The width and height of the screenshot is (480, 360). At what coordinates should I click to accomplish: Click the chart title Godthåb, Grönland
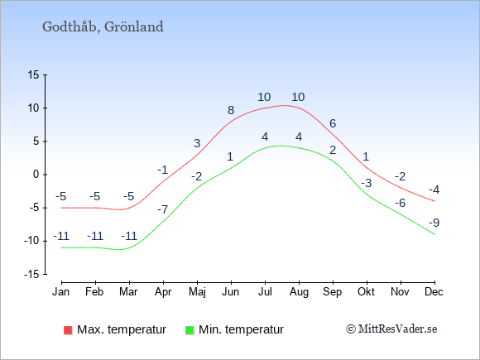click(103, 27)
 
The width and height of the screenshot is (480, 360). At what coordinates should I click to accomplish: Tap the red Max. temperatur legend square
click(68, 330)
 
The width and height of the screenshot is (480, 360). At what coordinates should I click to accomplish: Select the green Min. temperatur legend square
click(190, 330)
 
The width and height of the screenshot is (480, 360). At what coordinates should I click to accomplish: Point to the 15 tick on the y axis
click(34, 74)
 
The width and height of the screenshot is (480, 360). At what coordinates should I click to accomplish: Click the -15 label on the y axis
click(31, 274)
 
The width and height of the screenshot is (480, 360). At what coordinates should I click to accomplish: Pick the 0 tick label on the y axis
click(36, 175)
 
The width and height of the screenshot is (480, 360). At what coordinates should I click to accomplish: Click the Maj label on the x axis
click(197, 292)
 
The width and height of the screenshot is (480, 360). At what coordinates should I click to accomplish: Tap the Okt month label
click(366, 291)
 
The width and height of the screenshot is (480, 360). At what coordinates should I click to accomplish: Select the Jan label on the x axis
click(61, 291)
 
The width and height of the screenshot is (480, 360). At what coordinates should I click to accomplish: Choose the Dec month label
click(434, 291)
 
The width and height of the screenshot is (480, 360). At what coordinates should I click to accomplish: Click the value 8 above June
click(231, 110)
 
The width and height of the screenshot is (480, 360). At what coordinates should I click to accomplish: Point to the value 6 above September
click(333, 123)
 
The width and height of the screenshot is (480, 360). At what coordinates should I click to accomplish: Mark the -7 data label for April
click(163, 209)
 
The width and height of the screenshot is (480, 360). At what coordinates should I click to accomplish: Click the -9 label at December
click(434, 223)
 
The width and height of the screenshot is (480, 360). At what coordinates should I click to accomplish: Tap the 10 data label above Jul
click(264, 97)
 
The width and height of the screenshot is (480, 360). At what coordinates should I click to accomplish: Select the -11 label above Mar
click(129, 236)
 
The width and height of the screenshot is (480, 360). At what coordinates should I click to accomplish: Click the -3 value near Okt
click(366, 183)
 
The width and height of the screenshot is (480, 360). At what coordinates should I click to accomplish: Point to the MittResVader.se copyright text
click(391, 329)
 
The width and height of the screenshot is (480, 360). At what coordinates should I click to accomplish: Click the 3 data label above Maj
click(197, 143)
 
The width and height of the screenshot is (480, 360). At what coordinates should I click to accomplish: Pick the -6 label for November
click(400, 203)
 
